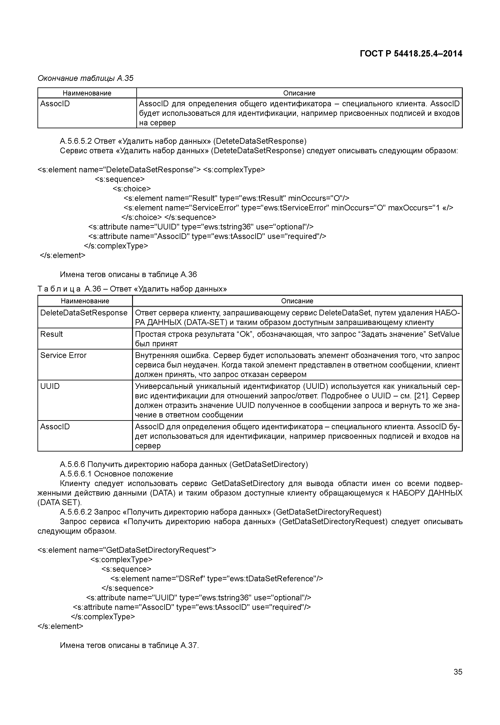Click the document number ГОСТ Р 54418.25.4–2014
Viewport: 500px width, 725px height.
pyautogui.click(x=411, y=54)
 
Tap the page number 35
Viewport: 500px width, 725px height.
pyautogui.click(x=457, y=672)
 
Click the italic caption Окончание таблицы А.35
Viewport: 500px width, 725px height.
pyautogui.click(x=85, y=78)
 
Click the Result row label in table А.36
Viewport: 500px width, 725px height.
pyautogui.click(x=51, y=334)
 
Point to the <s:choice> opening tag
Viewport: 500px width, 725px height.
pyautogui.click(x=132, y=189)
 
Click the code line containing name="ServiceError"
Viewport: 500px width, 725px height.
pyautogui.click(x=288, y=208)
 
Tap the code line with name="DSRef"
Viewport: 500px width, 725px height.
pyautogui.click(x=216, y=578)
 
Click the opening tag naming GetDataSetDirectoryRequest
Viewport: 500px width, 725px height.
pyautogui.click(x=127, y=550)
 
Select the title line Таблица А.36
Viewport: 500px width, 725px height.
pyautogui.click(x=132, y=289)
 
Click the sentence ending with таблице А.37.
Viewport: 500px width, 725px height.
pyautogui.click(x=129, y=645)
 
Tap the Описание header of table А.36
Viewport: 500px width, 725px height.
pyautogui.click(x=297, y=301)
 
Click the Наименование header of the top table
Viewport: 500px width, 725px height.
pyautogui.click(x=87, y=93)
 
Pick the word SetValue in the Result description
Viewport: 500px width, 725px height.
pyautogui.click(x=444, y=334)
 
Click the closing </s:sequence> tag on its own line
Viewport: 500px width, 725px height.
pyautogui.click(x=127, y=588)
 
